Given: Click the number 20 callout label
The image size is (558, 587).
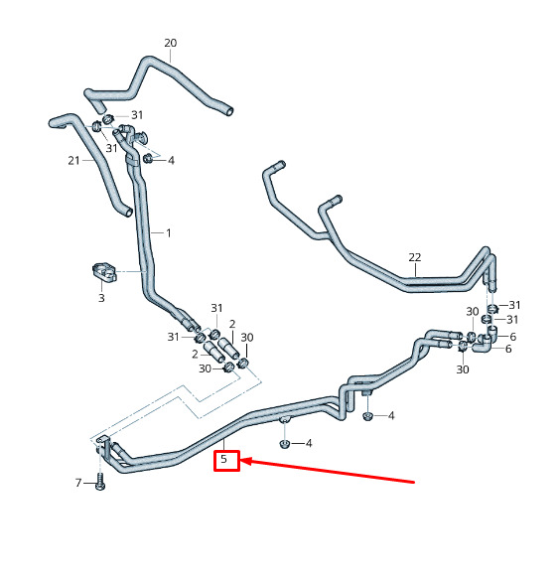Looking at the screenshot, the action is point(171,43).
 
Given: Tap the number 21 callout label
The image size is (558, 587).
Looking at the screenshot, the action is point(73,161).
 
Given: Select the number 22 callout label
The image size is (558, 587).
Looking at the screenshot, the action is point(415,257).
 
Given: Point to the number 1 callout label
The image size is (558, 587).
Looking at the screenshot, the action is point(169,232).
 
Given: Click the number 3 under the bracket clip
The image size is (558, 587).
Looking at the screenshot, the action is point(101,298).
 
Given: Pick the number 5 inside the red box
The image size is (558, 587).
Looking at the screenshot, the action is point(223,459).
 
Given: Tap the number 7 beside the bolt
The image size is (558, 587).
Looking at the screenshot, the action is point(78,483).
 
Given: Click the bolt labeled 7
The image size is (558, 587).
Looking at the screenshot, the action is point(100,482).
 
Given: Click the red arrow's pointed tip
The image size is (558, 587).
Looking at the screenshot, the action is point(240,460).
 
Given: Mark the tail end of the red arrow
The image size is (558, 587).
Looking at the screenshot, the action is point(414,482).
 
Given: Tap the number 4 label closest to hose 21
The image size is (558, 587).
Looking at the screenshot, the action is point(171,160).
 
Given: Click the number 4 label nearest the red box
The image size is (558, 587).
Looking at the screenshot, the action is point(309,444).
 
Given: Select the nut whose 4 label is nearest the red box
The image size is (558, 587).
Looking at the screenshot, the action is point(284,444).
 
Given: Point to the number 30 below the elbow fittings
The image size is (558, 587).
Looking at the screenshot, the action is point(463,369).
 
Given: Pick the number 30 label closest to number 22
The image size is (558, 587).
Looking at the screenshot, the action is point(473,312).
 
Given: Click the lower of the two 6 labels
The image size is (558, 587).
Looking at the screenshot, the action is point(508,349).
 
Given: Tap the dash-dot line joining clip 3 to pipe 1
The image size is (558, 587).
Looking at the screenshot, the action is point(130,271).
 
